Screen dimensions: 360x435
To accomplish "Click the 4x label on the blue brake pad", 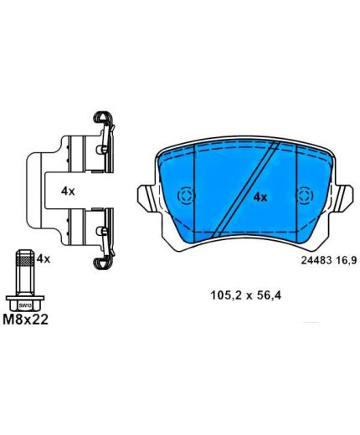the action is (260, 197).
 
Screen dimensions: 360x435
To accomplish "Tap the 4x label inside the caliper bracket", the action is (68, 192).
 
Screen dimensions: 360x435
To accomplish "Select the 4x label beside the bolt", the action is (44, 259).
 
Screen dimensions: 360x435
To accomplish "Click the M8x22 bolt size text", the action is (25, 320).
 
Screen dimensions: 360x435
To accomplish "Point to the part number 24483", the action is (316, 260).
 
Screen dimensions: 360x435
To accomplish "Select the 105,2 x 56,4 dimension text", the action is (245, 295).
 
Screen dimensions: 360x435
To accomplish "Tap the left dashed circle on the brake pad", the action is (186, 196).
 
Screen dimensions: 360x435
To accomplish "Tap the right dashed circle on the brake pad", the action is (305, 196).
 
